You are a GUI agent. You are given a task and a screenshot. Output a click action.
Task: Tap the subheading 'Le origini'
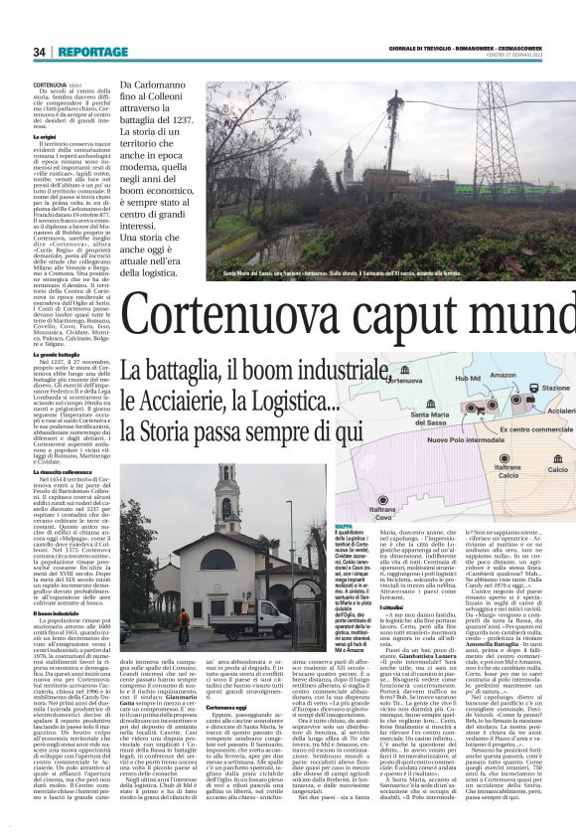(45, 136)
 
